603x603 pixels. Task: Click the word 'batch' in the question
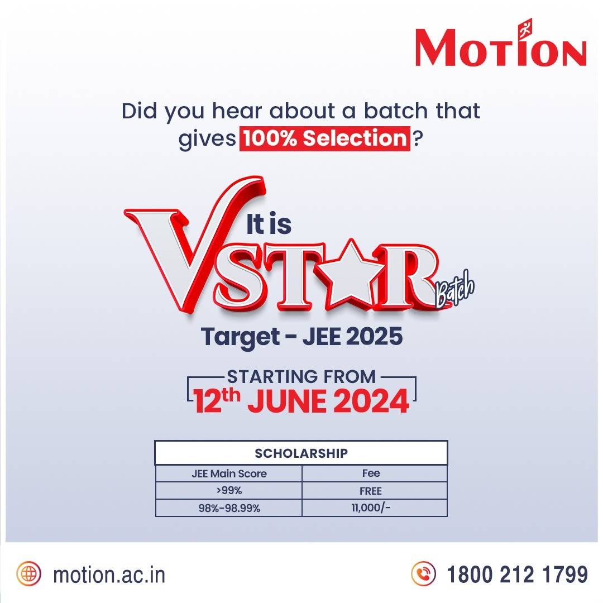click(397, 110)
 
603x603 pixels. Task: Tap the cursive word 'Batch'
click(454, 294)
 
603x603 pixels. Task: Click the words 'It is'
click(269, 225)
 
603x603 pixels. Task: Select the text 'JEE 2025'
click(352, 338)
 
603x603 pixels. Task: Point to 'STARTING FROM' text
click(301, 376)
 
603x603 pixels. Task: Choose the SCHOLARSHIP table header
click(301, 453)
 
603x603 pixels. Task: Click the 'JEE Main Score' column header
click(229, 473)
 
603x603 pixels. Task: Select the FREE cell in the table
click(371, 491)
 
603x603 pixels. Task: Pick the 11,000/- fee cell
click(371, 508)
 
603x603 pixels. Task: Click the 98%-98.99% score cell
click(229, 508)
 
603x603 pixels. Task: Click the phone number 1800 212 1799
click(517, 573)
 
